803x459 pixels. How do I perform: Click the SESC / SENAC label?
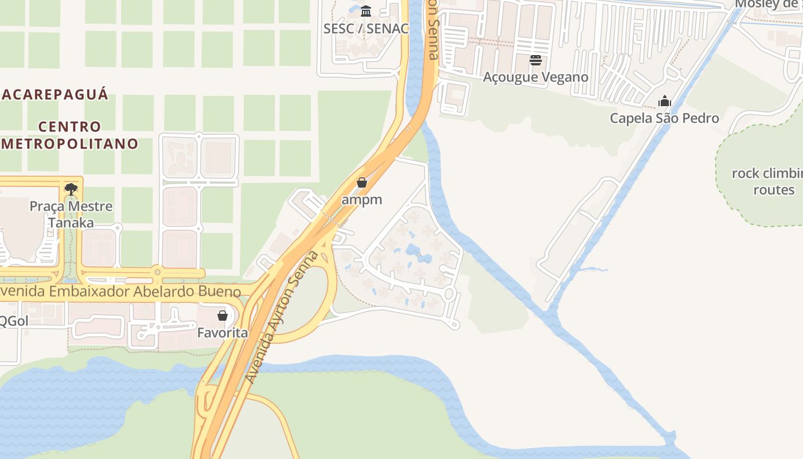[x=366, y=28]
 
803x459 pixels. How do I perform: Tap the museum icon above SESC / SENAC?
[x=366, y=11]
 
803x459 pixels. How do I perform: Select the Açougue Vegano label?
[x=536, y=77]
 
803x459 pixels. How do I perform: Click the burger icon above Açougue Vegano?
[x=536, y=60]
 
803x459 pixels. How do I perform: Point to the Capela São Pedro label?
[x=664, y=118]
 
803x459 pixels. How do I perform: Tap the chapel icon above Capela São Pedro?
[x=665, y=102]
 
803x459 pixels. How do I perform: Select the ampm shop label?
[x=361, y=200]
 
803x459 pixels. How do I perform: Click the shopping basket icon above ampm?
[x=362, y=182]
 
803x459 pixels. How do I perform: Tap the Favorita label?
[x=223, y=333]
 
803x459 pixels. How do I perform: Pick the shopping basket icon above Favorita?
[x=223, y=316]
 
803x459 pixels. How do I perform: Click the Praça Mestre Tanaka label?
[x=71, y=214]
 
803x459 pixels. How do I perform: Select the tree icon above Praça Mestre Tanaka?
[x=71, y=189]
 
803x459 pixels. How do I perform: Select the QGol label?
[x=14, y=321]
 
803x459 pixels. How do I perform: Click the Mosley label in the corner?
[x=769, y=5]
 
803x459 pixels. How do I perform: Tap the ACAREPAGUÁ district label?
[x=54, y=95]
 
